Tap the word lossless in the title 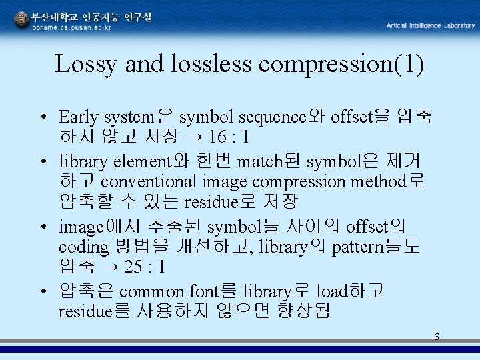[x=211, y=65]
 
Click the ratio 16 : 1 [x=229, y=138]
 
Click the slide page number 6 [x=437, y=337]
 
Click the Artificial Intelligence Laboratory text [x=431, y=25]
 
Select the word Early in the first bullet [x=78, y=117]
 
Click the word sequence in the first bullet [x=272, y=117]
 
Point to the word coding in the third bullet [x=83, y=247]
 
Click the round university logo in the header [x=21, y=19]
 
